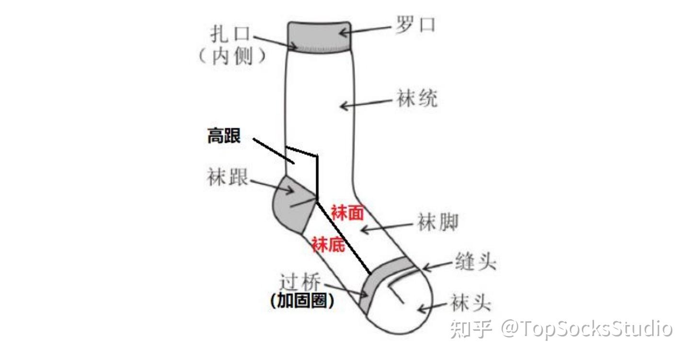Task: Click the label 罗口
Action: tap(415, 25)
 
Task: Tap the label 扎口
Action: tap(230, 35)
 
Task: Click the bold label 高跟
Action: tap(224, 136)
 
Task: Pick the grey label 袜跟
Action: tap(228, 177)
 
